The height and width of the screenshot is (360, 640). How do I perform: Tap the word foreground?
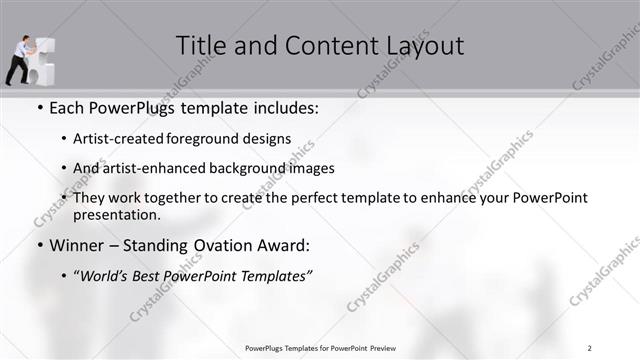[x=209, y=139]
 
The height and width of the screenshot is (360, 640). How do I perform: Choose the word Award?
[x=288, y=245]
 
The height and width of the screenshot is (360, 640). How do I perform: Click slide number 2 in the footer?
[x=590, y=348]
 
